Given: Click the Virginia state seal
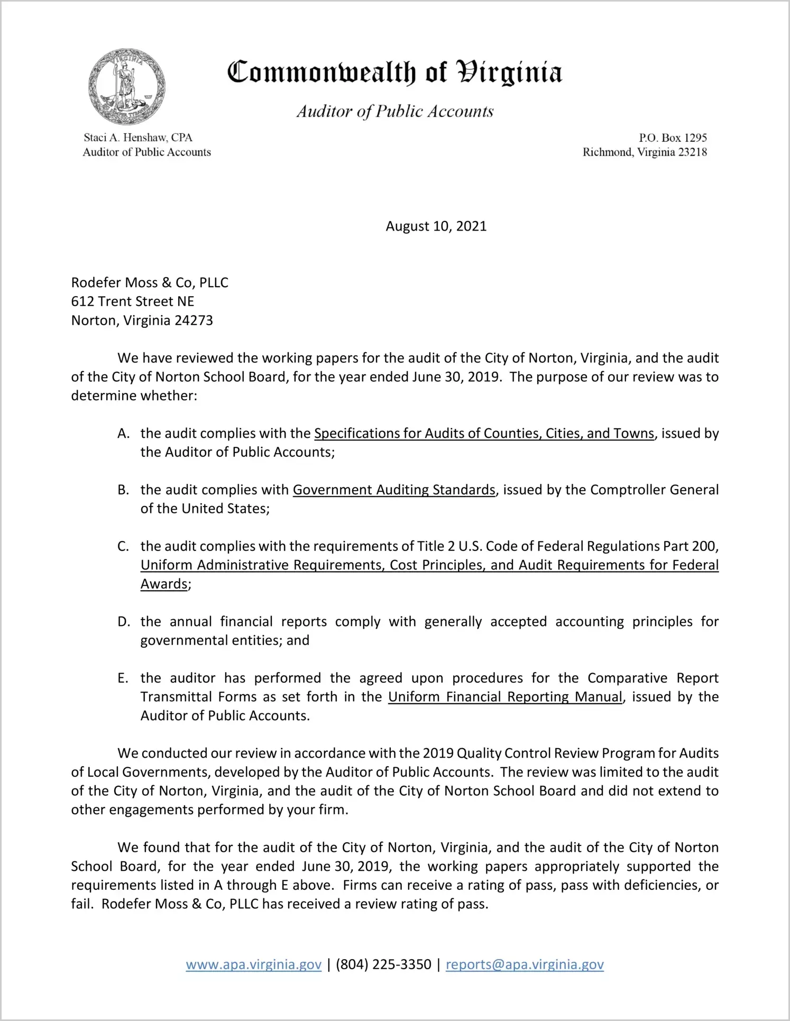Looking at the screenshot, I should (127, 87).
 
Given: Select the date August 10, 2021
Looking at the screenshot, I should (436, 226).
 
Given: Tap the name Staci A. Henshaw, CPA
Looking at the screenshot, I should (138, 137).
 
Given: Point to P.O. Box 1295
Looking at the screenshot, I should (673, 137).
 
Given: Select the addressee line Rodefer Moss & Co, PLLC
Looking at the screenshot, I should (150, 282).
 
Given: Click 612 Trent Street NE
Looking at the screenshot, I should (133, 301).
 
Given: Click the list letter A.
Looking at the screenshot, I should (123, 434).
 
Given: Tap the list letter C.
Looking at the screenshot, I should (123, 547).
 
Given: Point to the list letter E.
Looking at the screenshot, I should (123, 678).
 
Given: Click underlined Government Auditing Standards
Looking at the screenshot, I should (394, 490).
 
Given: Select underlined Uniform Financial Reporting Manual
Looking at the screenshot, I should (505, 697).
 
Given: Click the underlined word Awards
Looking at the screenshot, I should (164, 584).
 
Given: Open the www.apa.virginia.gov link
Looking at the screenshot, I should (254, 964).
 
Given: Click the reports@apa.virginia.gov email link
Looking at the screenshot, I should (525, 964).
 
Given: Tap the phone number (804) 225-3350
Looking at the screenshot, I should (383, 964).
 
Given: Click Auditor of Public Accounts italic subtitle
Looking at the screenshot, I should (394, 112).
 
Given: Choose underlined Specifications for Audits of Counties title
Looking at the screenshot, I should (484, 434).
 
